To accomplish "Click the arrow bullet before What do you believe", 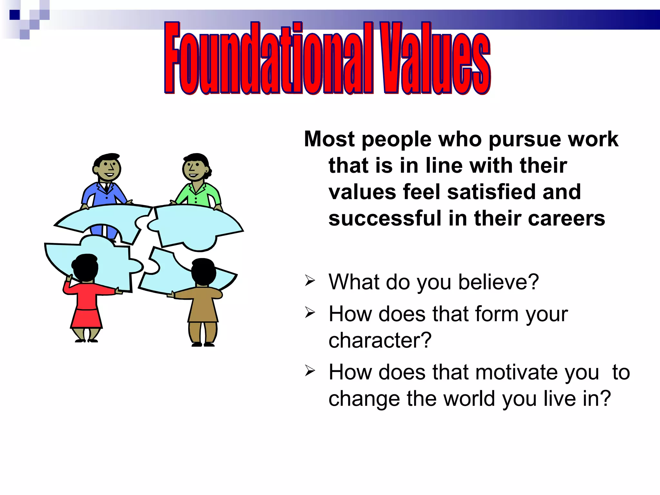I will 310,281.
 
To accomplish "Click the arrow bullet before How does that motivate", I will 310,371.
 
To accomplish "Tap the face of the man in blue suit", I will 108,169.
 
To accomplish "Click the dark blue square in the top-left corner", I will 15,15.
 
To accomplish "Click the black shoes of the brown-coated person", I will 203,345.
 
